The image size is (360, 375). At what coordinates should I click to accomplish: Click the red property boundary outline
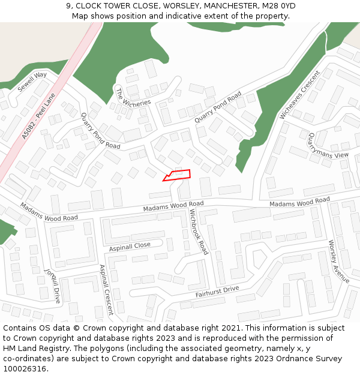[x=177, y=175]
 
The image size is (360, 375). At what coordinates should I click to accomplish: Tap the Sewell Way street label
[x=32, y=82]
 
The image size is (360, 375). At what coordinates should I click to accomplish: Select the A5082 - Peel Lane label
[x=38, y=116]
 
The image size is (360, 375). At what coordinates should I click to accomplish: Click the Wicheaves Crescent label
[x=299, y=94]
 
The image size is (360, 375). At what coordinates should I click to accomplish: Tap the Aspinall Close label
[x=130, y=246]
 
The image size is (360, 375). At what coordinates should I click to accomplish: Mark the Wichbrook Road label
[x=199, y=232]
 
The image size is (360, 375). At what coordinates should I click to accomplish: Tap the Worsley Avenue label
[x=339, y=262]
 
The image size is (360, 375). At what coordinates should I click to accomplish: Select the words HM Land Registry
[x=33, y=349]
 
